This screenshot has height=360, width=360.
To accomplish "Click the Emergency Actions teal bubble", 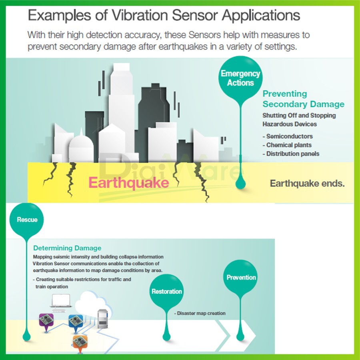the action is click(240, 78).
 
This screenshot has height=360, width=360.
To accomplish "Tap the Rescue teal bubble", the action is click(27, 220).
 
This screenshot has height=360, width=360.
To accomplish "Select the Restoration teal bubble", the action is click(166, 291).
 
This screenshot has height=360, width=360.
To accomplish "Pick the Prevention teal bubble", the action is click(240, 277).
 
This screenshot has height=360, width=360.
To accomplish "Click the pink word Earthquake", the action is click(129, 183).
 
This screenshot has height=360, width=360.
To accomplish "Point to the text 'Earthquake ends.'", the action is click(307, 184).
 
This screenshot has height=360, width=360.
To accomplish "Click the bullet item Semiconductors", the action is click(288, 136).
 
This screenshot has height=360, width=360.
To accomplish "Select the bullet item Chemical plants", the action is click(287, 145).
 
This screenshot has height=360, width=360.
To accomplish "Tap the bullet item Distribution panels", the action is click(291, 154).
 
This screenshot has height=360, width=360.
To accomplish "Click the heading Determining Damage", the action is click(67, 248).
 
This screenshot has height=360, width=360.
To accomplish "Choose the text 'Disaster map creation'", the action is click(200, 313).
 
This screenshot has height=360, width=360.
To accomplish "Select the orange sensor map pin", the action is click(80, 344).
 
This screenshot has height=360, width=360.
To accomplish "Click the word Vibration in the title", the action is click(140, 15).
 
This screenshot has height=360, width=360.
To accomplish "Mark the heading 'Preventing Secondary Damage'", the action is click(303, 99).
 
